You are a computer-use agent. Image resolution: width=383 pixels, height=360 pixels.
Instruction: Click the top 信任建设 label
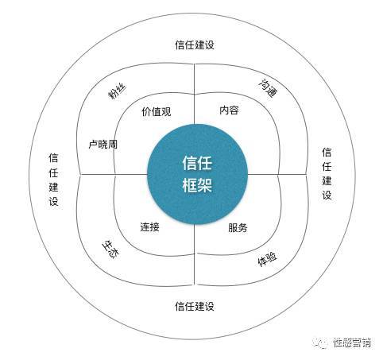[x=195, y=45]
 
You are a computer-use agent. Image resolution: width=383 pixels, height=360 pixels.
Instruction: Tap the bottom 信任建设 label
[x=195, y=306]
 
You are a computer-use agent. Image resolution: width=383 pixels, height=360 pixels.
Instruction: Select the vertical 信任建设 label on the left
[x=53, y=180]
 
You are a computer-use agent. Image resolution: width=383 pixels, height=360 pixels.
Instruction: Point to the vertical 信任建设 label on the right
[x=327, y=173]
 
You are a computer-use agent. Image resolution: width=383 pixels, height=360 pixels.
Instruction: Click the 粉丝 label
[x=118, y=91]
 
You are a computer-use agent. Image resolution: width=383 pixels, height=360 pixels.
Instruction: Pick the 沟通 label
[x=268, y=88]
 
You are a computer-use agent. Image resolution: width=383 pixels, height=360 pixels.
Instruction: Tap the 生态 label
[x=110, y=250]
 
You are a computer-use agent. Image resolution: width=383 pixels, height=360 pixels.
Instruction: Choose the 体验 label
[x=267, y=259]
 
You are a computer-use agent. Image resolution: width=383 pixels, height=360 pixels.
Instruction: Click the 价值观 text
[x=157, y=112]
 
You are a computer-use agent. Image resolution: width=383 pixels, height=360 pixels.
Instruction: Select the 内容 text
[x=229, y=110]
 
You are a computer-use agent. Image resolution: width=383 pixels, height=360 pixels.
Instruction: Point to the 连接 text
[x=149, y=227]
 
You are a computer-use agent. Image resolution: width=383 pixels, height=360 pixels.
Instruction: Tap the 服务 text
[x=238, y=228]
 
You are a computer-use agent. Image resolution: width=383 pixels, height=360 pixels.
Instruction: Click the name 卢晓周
[x=103, y=145]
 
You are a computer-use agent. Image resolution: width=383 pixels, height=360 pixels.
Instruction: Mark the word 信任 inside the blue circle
[x=197, y=163]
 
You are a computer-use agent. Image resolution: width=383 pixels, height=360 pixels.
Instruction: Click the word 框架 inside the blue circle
[x=197, y=184]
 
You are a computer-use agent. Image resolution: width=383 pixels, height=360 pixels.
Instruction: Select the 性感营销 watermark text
[x=352, y=343]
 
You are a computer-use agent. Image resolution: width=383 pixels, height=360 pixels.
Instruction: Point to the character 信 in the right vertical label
[x=327, y=153]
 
